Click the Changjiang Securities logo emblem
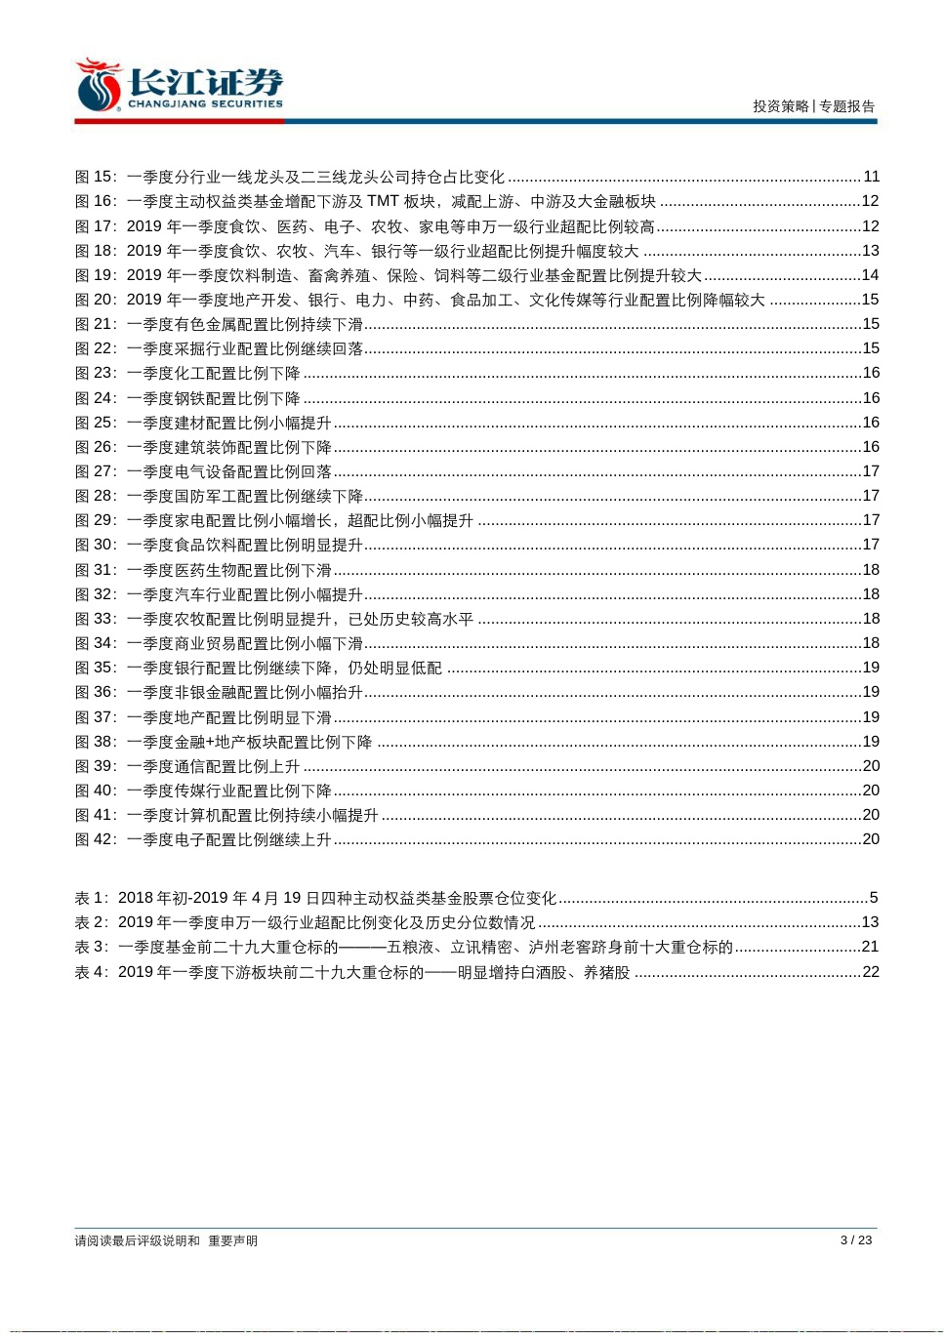(x=99, y=86)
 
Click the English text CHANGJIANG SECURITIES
(x=205, y=103)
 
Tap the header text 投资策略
(x=781, y=106)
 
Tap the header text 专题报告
(x=847, y=106)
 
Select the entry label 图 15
(x=95, y=177)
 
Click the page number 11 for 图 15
(x=871, y=177)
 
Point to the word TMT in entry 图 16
(x=383, y=201)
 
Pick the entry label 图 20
(x=95, y=300)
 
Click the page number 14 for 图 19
(x=870, y=275)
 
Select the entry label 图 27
(x=95, y=471)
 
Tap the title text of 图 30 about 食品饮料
(x=245, y=545)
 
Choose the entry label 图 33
(x=95, y=619)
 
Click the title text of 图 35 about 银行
(x=284, y=668)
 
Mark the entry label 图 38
(x=95, y=742)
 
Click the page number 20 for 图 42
(x=871, y=839)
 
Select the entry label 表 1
(x=91, y=898)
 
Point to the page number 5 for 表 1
(x=874, y=898)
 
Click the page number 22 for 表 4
(x=871, y=972)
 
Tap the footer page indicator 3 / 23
(x=855, y=1240)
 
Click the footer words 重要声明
(x=232, y=1241)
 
